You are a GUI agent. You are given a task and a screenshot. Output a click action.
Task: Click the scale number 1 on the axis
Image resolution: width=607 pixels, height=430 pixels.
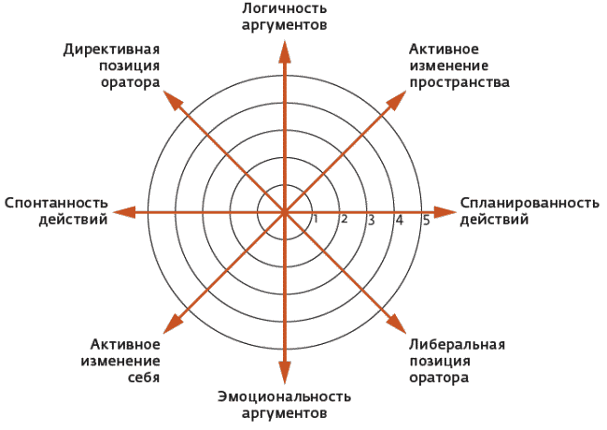click(316, 219)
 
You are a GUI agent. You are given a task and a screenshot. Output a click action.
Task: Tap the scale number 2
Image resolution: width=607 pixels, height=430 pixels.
click(344, 220)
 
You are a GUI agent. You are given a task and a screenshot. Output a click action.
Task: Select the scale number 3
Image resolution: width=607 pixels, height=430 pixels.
click(371, 220)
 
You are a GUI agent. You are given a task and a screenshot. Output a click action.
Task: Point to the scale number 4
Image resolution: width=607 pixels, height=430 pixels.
click(399, 220)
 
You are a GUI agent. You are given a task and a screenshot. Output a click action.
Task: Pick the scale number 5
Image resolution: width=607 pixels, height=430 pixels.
click(426, 221)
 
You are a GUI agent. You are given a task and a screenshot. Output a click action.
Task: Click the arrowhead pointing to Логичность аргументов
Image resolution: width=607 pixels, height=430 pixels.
click(285, 51)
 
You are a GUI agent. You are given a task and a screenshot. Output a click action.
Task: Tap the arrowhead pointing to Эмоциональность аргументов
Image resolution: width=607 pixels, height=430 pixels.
click(285, 372)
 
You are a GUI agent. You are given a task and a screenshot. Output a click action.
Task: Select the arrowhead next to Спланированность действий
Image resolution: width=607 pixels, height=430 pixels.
click(445, 212)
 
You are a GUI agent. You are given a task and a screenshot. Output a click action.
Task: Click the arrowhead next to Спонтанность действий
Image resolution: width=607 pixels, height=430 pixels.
click(124, 212)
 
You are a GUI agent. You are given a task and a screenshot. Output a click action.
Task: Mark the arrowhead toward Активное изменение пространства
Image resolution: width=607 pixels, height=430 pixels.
click(397, 100)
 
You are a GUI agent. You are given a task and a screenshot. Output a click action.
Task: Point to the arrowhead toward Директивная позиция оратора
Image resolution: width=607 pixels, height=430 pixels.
click(173, 100)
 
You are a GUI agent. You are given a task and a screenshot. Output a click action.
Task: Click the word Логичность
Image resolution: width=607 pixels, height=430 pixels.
click(285, 8)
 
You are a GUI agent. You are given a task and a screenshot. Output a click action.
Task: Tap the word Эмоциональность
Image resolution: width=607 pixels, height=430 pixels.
click(285, 396)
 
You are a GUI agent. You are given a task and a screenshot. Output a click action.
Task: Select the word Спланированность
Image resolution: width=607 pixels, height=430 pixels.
click(529, 204)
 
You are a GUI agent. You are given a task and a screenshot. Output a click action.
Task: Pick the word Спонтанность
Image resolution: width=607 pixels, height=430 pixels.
click(56, 203)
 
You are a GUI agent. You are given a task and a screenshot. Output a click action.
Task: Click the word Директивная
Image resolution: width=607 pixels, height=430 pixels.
click(111, 50)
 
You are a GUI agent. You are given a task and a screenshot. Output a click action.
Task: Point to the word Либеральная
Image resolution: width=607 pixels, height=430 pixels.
click(458, 344)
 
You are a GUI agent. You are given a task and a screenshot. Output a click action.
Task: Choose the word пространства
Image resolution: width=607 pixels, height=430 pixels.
click(459, 83)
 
